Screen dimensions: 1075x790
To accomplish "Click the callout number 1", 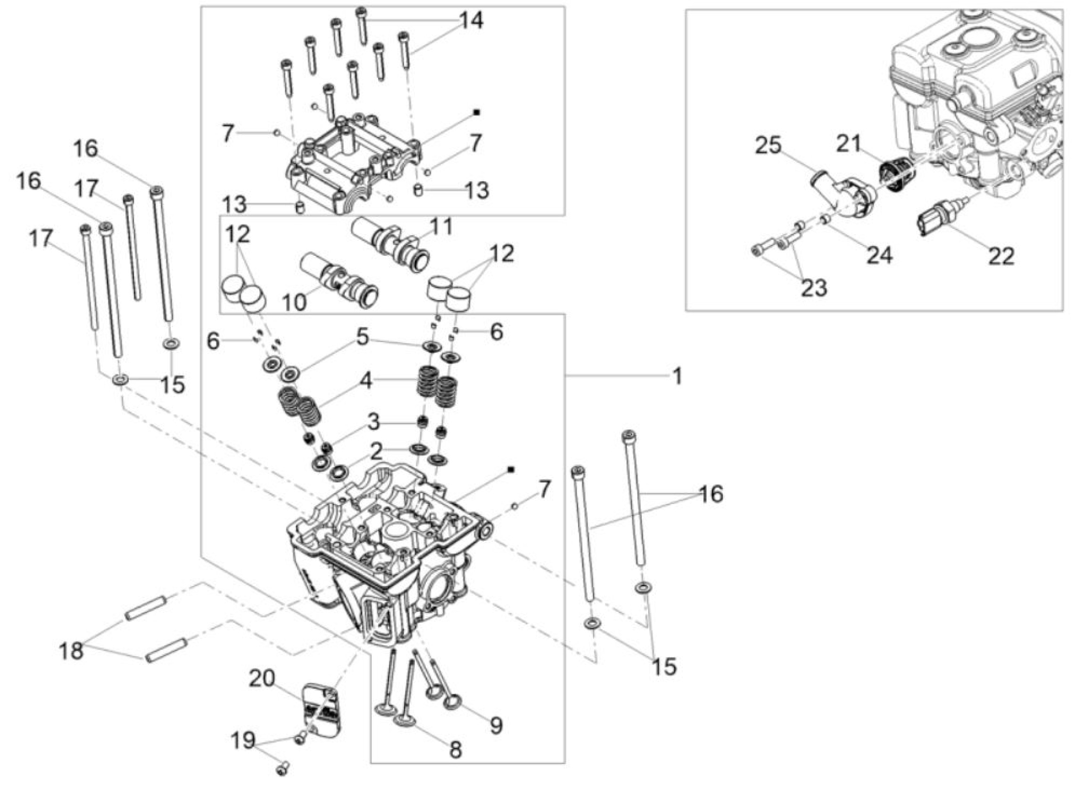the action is (676, 377).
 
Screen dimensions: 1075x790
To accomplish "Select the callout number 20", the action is (262, 679).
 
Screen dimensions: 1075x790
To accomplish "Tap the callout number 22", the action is (1001, 257).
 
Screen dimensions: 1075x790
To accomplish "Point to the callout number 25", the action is (768, 146).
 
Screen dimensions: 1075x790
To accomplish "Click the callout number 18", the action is (71, 652).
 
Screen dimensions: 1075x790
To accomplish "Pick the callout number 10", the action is (294, 302).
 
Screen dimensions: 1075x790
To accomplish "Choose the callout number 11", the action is (441, 227).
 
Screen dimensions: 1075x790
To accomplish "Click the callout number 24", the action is (879, 255).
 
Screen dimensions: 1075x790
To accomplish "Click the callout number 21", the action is (849, 144).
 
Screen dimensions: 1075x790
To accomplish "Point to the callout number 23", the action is (814, 288).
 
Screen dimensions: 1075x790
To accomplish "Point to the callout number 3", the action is (373, 422).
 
